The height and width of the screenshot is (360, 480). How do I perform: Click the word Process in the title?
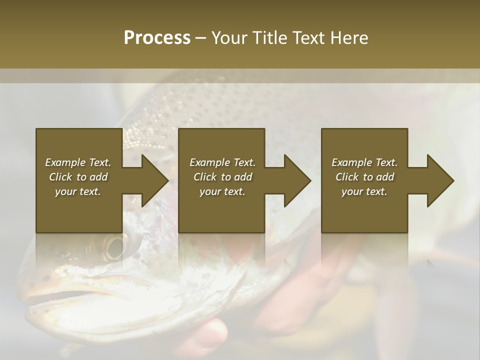(x=157, y=38)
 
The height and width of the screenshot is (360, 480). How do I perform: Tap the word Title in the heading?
(x=269, y=38)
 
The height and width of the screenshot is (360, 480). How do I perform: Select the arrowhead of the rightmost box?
(x=439, y=180)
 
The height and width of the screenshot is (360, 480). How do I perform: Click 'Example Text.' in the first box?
(x=78, y=162)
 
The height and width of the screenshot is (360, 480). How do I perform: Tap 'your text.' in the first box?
(x=78, y=191)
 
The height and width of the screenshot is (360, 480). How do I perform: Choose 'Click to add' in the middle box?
(x=222, y=177)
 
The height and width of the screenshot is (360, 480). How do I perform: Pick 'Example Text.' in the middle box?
(x=222, y=162)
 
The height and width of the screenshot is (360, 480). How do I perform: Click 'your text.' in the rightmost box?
(x=364, y=191)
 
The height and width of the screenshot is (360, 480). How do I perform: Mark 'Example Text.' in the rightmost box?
(x=364, y=162)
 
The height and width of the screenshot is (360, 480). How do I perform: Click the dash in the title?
(x=200, y=38)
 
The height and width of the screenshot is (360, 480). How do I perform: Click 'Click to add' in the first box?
(x=78, y=177)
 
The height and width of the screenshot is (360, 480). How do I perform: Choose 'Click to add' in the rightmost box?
(x=364, y=177)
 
